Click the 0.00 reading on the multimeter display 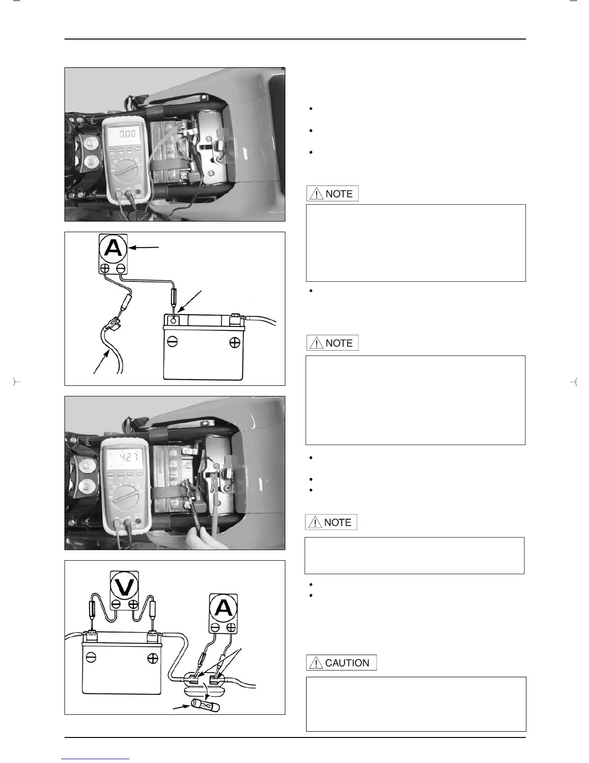[127, 133]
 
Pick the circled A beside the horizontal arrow [113, 248]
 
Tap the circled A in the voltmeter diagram [223, 608]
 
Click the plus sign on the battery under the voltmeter [153, 658]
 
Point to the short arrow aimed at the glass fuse [181, 709]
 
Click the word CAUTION [347, 663]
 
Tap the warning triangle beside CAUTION [316, 663]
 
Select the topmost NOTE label [339, 194]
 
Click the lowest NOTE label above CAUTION [337, 522]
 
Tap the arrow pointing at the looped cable [102, 362]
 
